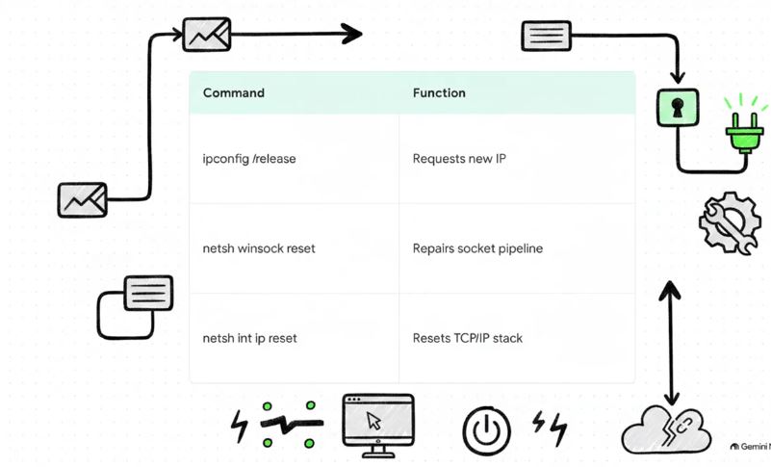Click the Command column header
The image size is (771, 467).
pos(234,93)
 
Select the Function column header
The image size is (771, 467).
pos(439,93)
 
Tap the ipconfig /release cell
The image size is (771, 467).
pos(249,159)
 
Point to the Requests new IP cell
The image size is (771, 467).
pos(459,159)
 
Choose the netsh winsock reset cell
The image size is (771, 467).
pos(259,248)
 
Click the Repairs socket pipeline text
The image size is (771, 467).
pos(478,248)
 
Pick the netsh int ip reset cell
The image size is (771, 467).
pos(250,339)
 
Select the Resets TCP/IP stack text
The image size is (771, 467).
pos(468,339)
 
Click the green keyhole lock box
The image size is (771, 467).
pos(678,107)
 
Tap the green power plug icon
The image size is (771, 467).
pos(744,128)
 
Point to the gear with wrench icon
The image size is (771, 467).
pos(730,223)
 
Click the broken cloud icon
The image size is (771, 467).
pos(667,430)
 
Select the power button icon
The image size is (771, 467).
pos(486,430)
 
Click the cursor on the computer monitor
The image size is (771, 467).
pos(373,421)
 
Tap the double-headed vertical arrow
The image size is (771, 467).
pos(670,343)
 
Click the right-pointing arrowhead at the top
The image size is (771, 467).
pos(352,34)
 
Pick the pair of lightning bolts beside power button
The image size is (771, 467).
pos(551,428)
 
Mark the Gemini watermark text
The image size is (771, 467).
pos(751,447)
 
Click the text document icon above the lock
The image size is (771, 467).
pos(547,36)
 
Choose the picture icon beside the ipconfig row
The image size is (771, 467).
pos(83,199)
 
